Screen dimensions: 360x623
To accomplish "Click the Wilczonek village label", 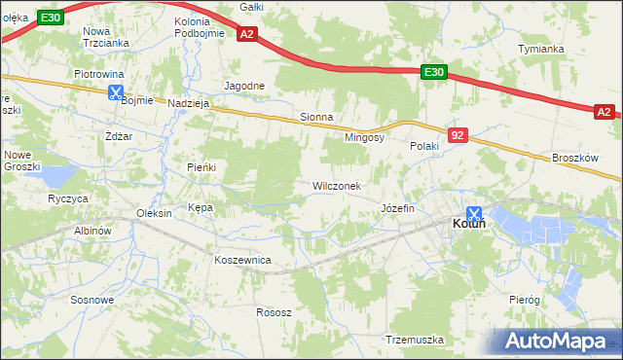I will pos(337,185).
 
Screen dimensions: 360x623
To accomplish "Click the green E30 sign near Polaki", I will pos(434,72).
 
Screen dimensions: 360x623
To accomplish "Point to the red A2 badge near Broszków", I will pos(605,113).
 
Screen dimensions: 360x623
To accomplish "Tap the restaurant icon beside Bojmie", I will pos(116,93).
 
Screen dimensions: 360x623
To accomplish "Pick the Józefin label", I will pos(397,209).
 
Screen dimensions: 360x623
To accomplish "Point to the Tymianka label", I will pos(541,49).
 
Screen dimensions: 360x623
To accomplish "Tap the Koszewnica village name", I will pos(242,260).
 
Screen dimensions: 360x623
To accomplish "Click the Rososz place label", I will pos(274,312).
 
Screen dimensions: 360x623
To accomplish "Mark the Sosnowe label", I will pos(92,300).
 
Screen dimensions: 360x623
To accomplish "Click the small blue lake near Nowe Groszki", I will pos(56,176).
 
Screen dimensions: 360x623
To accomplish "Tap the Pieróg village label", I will pos(524,301).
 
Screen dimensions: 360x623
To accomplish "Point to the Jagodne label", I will pos(244,86).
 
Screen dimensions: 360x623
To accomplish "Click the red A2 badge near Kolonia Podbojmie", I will pos(246,35).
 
